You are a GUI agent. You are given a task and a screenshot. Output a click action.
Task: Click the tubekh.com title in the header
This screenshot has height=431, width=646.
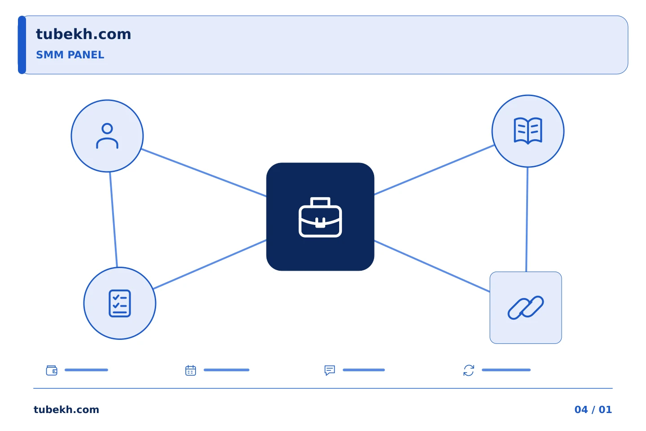point(83,35)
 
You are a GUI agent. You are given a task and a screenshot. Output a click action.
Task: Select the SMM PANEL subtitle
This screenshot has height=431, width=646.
point(70,55)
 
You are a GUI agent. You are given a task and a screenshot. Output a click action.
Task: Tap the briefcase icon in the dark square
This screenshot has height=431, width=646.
point(320,217)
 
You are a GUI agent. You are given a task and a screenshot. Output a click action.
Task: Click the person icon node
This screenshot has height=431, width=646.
point(107,136)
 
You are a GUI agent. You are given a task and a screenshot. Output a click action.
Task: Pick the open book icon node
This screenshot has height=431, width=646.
point(528,131)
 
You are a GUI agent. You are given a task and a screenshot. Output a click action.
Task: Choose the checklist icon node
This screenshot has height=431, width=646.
point(120,303)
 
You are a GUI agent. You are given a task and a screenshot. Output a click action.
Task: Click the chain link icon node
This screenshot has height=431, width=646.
point(525,308)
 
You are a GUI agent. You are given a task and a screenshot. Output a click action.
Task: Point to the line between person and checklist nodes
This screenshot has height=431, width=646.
point(113,220)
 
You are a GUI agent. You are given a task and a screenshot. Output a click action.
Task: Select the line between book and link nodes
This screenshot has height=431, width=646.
point(527,220)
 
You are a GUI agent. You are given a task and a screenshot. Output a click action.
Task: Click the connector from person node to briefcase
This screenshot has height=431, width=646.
point(204,173)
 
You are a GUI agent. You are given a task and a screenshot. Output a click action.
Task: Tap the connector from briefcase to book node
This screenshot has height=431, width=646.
point(434,170)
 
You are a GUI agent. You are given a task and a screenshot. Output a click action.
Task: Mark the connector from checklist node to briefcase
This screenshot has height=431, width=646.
point(210,264)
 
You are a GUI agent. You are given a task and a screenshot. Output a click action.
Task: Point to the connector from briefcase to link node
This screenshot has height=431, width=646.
point(432,266)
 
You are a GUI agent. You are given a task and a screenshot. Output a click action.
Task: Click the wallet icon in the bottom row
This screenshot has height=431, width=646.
point(52,370)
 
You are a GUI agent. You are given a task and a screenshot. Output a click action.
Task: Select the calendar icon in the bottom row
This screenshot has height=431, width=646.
point(191,370)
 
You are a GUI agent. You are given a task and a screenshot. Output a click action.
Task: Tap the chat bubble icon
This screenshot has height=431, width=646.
point(330,370)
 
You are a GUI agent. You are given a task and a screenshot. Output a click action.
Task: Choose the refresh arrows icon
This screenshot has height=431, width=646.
point(469,370)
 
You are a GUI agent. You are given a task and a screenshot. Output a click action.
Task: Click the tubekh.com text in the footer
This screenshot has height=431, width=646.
point(66,409)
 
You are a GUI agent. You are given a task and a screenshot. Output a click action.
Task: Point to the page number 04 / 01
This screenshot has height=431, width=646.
point(593,409)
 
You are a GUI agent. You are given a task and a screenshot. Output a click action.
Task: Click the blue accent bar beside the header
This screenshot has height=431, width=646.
point(22,45)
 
